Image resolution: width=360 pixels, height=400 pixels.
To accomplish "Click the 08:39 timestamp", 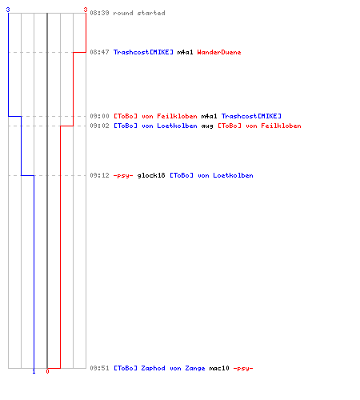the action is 99,13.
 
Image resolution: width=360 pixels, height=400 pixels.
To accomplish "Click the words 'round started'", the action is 139,13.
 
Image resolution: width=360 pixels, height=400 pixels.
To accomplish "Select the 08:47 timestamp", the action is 99,52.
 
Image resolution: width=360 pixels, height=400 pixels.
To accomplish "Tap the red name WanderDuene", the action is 219,52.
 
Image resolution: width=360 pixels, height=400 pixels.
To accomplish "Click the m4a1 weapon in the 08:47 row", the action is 185,52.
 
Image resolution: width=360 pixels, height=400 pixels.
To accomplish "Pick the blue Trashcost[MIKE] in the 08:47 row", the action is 143,52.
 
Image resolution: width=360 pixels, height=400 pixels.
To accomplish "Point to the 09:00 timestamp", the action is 99,116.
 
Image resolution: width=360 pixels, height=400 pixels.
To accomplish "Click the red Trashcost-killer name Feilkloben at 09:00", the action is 177,116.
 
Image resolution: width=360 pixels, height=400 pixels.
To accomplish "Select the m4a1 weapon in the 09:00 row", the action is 209,116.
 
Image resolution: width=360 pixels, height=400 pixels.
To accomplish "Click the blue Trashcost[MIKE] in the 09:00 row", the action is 251,116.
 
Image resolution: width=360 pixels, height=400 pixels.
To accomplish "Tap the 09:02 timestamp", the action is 99,126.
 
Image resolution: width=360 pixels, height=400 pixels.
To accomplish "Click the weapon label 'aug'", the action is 207,126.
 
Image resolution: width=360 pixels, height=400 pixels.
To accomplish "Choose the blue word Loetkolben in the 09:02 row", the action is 177,126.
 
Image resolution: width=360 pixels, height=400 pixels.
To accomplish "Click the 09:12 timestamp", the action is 99,175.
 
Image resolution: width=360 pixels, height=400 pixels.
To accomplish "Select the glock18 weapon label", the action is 151,175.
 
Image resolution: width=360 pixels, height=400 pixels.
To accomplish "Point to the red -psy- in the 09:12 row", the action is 123,175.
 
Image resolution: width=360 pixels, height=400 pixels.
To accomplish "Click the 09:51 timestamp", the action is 99,368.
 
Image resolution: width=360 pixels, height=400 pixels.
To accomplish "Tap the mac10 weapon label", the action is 219,368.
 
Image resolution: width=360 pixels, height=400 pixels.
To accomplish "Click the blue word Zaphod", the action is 153,368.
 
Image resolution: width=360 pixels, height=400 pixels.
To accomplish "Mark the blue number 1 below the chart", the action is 34,372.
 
